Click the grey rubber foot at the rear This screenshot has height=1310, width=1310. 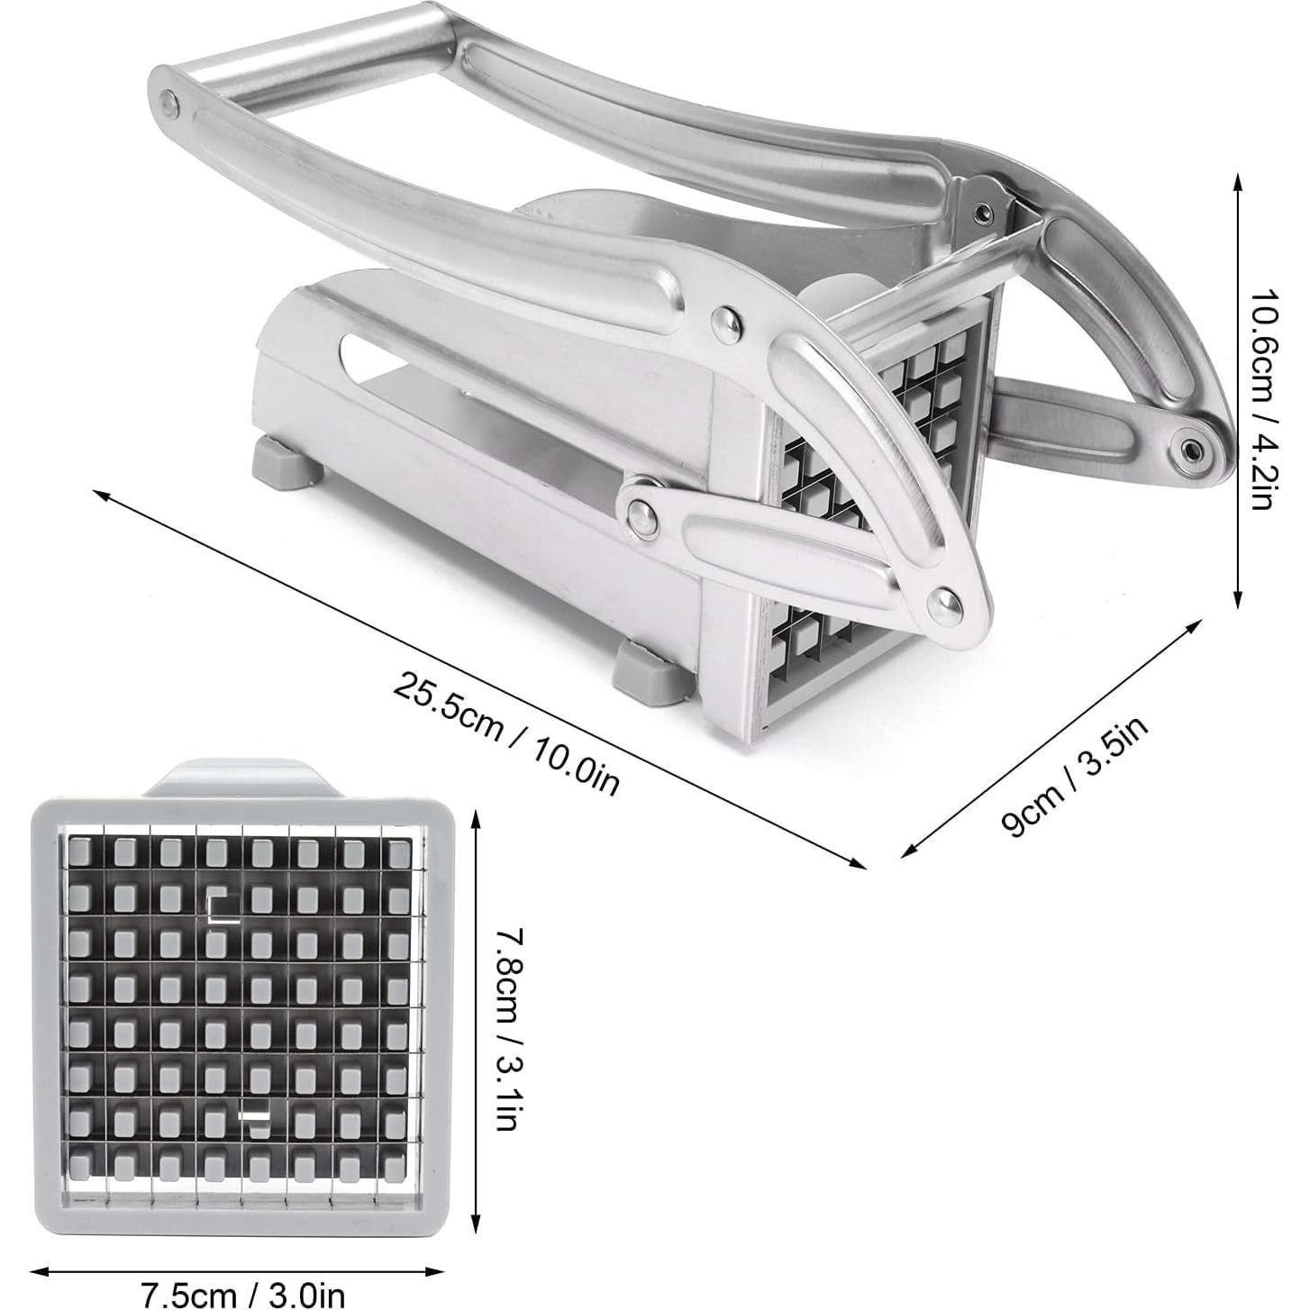click(x=284, y=460)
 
